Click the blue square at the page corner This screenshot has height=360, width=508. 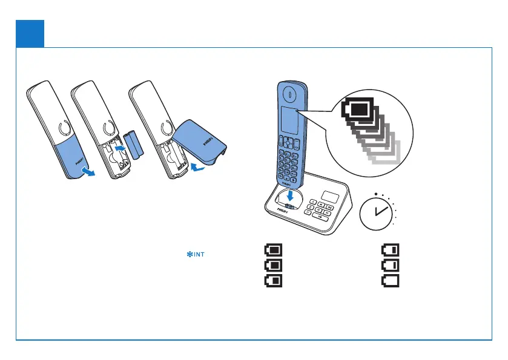tap(30, 33)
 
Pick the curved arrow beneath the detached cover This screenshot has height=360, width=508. tap(197, 166)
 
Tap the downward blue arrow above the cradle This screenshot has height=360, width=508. tap(291, 195)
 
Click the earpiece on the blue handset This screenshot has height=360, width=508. tap(289, 95)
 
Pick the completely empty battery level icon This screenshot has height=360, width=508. tap(390, 280)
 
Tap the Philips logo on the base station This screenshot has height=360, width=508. tap(283, 211)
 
